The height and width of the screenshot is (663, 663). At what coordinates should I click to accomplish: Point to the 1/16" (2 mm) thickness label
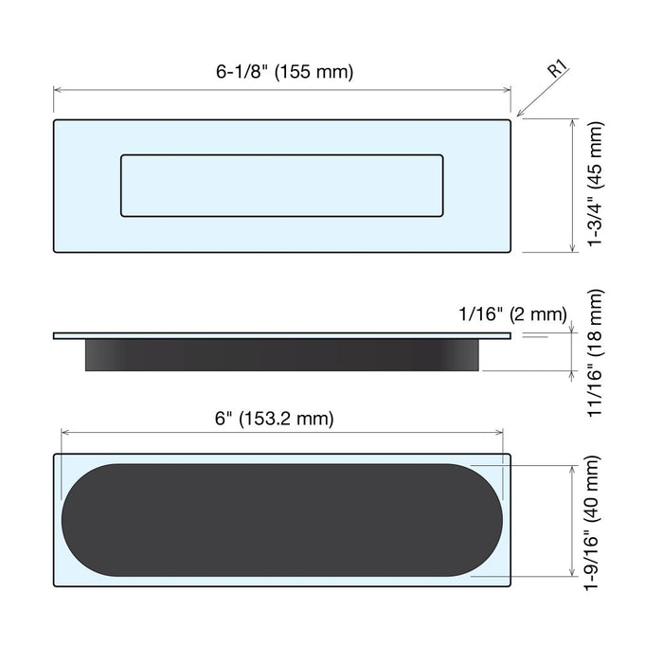[x=511, y=314]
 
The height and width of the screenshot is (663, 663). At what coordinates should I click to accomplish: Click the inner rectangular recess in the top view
[x=282, y=186]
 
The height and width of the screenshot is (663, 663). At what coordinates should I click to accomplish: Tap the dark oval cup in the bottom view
[x=282, y=520]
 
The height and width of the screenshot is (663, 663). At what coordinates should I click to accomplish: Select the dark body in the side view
[x=282, y=355]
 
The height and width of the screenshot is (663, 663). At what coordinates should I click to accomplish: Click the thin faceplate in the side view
[x=282, y=335]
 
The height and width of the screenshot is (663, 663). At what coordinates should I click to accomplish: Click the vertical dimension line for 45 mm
[x=572, y=186]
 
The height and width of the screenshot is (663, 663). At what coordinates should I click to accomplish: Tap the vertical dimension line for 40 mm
[x=571, y=520]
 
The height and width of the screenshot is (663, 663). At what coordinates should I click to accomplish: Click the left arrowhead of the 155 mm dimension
[x=58, y=89]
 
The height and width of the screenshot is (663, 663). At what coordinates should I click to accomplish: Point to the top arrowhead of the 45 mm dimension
[x=572, y=124]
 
